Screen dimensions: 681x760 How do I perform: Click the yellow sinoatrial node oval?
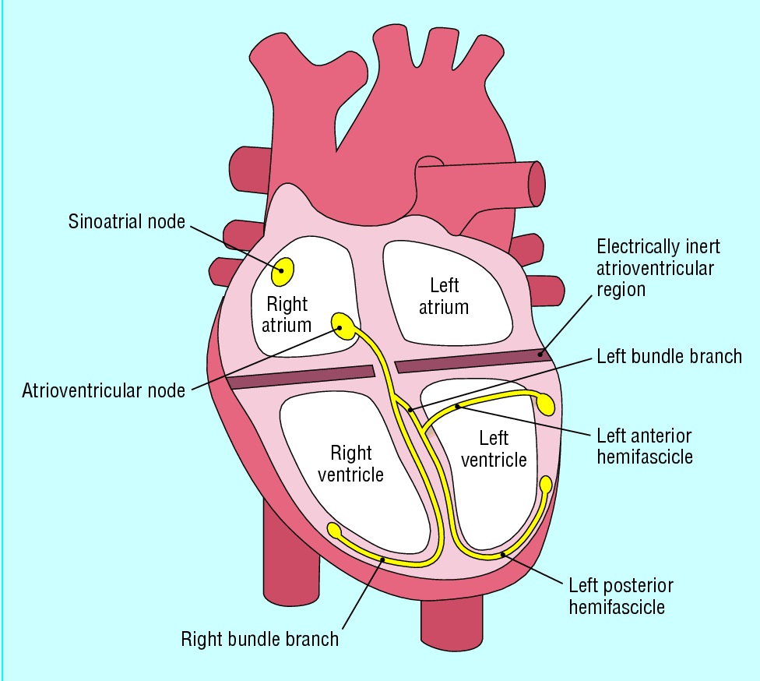[283, 270]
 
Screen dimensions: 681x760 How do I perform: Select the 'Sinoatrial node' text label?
[125, 221]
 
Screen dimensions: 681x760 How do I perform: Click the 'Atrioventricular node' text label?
[104, 389]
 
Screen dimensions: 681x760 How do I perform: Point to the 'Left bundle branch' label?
[669, 357]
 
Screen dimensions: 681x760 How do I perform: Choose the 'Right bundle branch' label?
[260, 639]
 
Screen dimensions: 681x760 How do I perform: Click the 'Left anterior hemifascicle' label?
[644, 446]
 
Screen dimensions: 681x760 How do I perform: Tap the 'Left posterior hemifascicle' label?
[621, 595]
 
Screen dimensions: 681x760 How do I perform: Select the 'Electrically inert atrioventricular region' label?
[658, 268]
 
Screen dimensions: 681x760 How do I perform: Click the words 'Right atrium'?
[287, 314]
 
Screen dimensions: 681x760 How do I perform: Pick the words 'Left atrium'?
[444, 296]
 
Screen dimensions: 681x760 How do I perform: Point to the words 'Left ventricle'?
[494, 449]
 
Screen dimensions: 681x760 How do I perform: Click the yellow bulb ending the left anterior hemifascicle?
[546, 403]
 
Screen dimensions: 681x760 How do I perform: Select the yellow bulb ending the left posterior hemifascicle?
[546, 485]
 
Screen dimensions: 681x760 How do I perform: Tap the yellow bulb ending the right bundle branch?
[335, 531]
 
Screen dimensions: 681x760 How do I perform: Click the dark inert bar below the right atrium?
[301, 377]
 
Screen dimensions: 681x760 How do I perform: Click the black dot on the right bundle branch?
[382, 559]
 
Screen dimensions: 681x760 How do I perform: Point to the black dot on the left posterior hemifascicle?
[504, 554]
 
